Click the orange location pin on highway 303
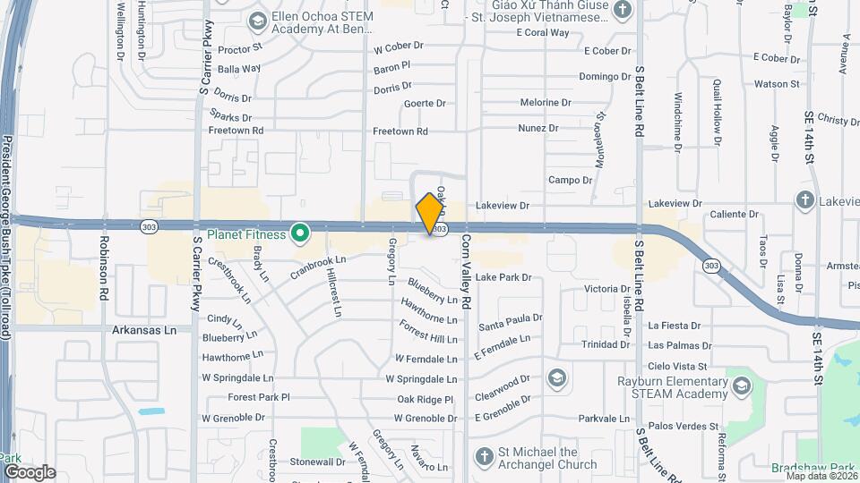pyautogui.click(x=430, y=214)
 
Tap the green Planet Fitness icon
pyautogui.click(x=301, y=235)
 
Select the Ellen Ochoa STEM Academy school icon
pyautogui.click(x=258, y=20)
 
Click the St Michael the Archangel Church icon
pyautogui.click(x=484, y=457)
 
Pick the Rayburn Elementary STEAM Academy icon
pyautogui.click(x=741, y=386)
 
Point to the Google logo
pyautogui.click(x=30, y=471)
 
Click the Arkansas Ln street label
pyautogui.click(x=145, y=330)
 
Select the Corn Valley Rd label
pyautogui.click(x=466, y=269)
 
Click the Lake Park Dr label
pyautogui.click(x=503, y=277)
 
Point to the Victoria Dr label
pyautogui.click(x=606, y=289)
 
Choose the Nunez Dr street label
pyautogui.click(x=537, y=128)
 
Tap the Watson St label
pyautogui.click(x=776, y=84)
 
